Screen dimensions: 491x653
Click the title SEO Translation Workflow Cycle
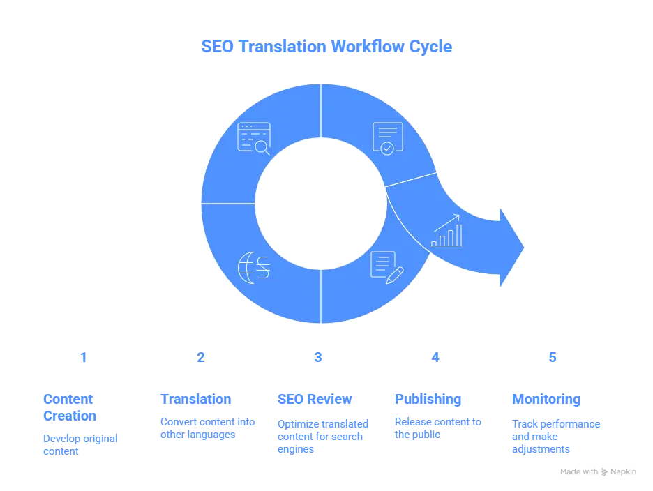(326, 47)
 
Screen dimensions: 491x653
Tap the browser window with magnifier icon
(253, 137)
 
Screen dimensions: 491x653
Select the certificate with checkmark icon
(388, 137)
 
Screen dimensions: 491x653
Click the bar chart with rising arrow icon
(447, 231)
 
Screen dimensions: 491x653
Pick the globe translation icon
(254, 267)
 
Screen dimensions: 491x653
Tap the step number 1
(84, 357)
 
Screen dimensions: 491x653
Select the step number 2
(201, 357)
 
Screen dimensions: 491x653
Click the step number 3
(318, 357)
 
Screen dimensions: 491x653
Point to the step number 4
(435, 357)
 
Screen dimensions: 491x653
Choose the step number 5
(553, 357)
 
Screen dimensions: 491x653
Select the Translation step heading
(196, 400)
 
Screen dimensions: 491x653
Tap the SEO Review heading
(315, 400)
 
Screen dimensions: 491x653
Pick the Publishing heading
(428, 400)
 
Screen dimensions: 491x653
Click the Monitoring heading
(545, 400)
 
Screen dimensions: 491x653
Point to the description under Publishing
(438, 428)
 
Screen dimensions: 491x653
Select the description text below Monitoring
(555, 437)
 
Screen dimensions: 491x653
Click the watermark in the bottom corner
(597, 471)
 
